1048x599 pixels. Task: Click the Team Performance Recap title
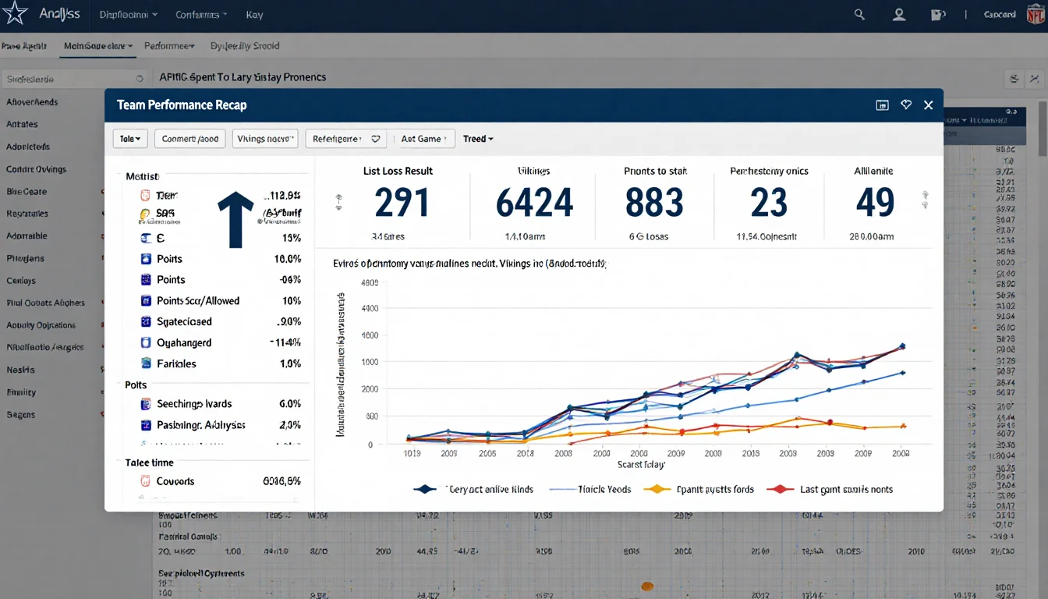(182, 105)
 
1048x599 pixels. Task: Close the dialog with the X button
(928, 105)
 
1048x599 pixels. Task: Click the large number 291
(402, 203)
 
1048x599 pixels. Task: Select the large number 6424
(534, 203)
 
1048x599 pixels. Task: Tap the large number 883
(655, 203)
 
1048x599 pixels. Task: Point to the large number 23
(769, 203)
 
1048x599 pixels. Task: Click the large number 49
(874, 203)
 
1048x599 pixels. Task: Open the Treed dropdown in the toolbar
(478, 139)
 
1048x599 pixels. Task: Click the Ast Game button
(423, 139)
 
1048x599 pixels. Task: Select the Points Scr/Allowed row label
(198, 300)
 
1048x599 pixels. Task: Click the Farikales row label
(176, 363)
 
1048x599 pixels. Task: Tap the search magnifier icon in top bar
(859, 14)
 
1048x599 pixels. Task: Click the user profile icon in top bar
(899, 14)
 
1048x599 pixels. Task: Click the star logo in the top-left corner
(16, 13)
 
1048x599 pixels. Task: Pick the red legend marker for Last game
(778, 489)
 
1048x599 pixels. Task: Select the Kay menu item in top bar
(254, 15)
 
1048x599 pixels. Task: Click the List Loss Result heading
(398, 171)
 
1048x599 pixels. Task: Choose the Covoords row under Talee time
(175, 481)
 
